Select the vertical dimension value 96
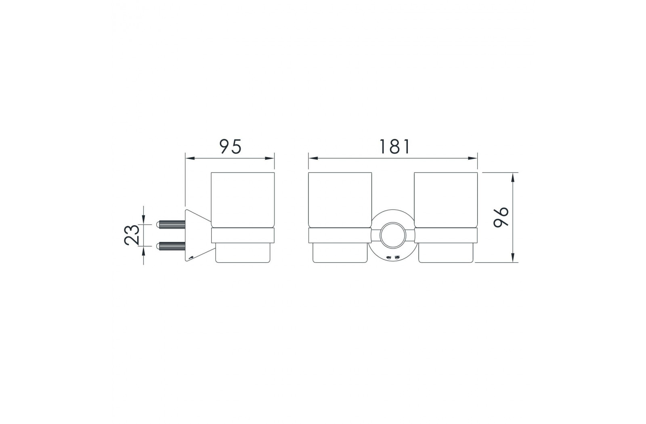[501, 217]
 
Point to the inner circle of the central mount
[393, 235]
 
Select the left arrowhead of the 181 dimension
[313, 158]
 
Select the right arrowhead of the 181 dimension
[473, 158]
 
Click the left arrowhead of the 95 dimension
[190, 158]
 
